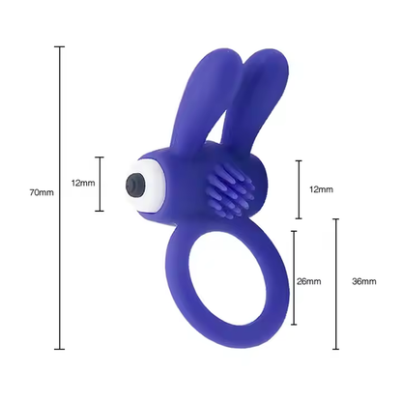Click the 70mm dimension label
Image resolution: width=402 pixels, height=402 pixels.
[42, 192]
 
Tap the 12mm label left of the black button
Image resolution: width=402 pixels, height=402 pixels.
[83, 183]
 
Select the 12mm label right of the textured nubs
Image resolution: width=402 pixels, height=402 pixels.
[321, 189]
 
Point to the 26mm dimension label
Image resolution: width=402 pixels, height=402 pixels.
[309, 281]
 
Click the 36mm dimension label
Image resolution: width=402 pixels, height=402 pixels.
[364, 281]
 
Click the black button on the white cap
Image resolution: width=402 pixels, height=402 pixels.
[135, 185]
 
